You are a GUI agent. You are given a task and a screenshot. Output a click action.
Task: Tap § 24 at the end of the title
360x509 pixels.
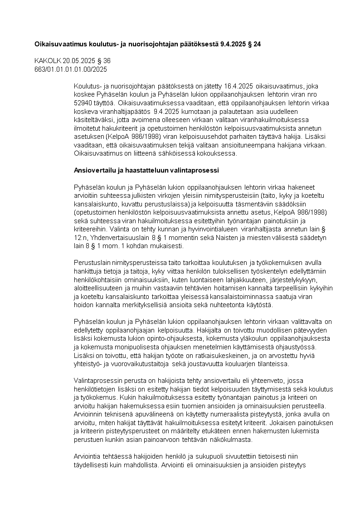254,44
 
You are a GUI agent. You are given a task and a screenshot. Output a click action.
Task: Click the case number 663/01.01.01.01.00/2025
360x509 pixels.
71,69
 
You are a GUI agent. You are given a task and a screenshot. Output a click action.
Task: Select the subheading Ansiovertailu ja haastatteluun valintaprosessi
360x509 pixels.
146,171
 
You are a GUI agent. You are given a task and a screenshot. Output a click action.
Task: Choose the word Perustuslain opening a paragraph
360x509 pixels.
92,263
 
